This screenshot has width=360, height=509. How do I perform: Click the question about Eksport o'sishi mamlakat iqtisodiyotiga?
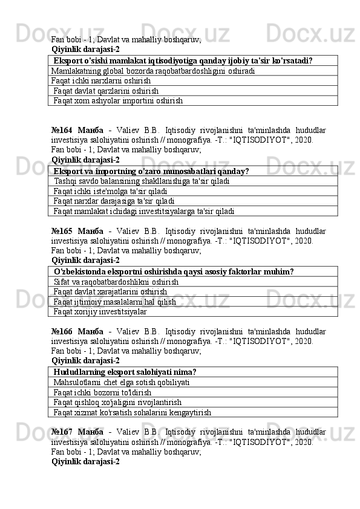(x=183, y=60)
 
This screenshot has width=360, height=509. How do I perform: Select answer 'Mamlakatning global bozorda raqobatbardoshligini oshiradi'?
(x=152, y=70)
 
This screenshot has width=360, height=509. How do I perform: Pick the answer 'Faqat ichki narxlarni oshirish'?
(x=101, y=80)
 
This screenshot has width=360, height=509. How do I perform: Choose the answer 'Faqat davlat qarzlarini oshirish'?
(x=106, y=90)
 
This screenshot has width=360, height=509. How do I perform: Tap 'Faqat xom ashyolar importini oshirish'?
(x=117, y=100)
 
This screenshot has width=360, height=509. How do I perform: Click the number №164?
(x=62, y=129)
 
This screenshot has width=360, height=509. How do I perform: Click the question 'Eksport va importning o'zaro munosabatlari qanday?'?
(x=151, y=171)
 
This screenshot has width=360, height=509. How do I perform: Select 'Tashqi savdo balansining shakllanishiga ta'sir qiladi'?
(x=141, y=181)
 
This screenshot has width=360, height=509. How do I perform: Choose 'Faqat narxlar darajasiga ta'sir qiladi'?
(x=114, y=201)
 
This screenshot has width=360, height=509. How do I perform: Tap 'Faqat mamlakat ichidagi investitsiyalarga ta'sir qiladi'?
(x=143, y=211)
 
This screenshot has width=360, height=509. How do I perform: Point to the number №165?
(x=62, y=230)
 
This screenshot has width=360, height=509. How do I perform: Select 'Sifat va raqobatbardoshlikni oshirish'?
(x=116, y=282)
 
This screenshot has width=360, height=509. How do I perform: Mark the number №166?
(x=62, y=331)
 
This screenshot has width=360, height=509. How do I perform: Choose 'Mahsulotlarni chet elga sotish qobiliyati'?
(x=122, y=382)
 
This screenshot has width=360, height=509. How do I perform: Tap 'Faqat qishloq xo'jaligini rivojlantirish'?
(x=117, y=402)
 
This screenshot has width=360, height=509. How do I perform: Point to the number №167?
(x=62, y=432)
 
